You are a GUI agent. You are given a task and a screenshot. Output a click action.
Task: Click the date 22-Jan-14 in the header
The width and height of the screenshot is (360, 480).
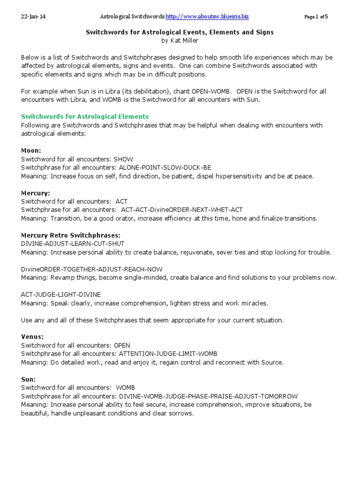(x=33, y=17)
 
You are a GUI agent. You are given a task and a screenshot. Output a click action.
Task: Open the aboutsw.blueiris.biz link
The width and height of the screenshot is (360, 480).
(x=207, y=17)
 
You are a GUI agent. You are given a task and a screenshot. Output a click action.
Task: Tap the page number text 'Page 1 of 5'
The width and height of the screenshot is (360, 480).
(x=316, y=17)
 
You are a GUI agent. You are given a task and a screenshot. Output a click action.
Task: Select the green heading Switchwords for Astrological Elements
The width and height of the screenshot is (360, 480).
(x=85, y=116)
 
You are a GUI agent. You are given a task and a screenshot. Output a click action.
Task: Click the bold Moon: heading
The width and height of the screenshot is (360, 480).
(x=31, y=150)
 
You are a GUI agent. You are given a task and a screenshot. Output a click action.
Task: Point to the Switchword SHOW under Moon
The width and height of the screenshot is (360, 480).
(x=123, y=159)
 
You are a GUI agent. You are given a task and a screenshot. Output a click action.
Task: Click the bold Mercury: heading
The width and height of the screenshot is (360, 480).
(x=35, y=193)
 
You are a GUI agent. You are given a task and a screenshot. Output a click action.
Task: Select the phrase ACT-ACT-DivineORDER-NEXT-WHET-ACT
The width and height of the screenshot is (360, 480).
(x=182, y=210)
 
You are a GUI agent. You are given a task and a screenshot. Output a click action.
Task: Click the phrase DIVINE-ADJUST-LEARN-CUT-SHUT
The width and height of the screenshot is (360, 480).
(x=73, y=243)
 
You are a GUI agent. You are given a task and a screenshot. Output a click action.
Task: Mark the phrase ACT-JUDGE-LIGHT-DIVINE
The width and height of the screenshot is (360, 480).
(x=60, y=294)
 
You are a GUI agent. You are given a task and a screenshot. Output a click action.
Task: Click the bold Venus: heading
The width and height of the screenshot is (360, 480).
(x=32, y=337)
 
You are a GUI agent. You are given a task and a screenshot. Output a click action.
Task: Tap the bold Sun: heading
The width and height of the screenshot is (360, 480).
(x=28, y=379)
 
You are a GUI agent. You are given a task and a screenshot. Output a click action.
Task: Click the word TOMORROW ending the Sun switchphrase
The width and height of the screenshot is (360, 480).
(x=279, y=396)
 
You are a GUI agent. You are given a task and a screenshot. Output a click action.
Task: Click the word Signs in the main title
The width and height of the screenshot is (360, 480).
(x=263, y=32)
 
